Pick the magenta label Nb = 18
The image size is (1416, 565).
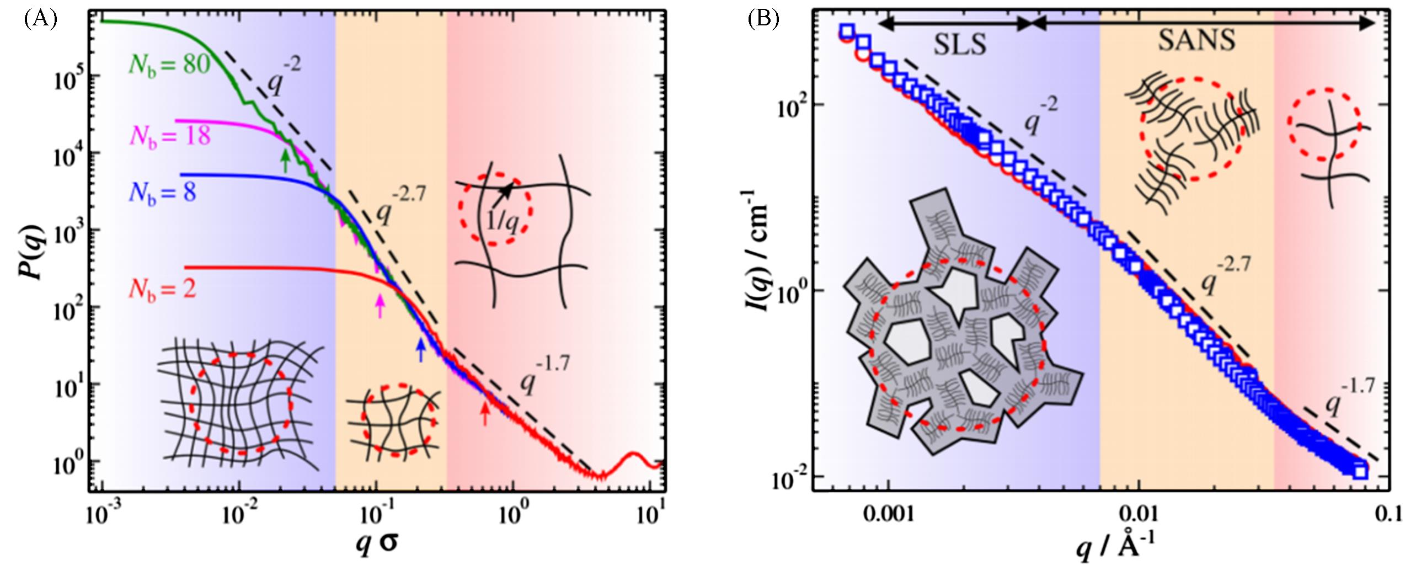[170, 135]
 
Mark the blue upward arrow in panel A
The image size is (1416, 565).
[421, 349]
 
